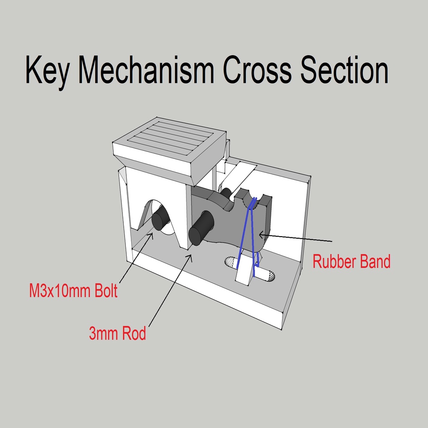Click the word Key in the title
pos(46,71)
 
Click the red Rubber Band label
pos(352,262)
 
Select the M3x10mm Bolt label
pos(73,291)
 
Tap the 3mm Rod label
pos(117,334)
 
